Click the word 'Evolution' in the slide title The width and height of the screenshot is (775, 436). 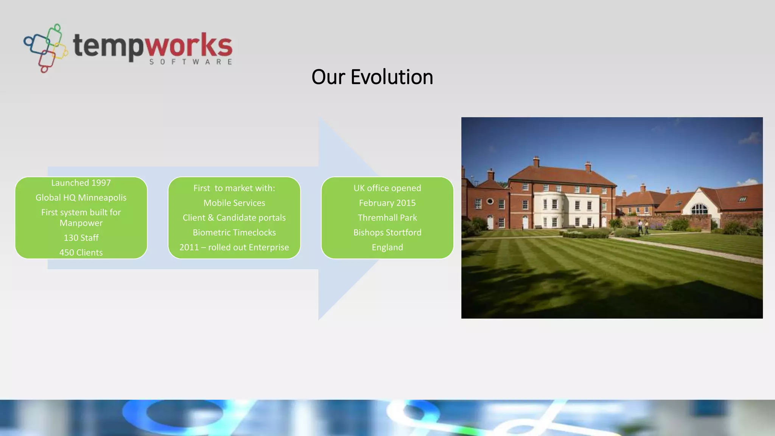(392, 77)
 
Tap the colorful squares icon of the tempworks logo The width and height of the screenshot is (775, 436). (46, 48)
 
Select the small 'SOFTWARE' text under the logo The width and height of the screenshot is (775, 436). (190, 62)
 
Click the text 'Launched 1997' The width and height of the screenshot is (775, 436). (81, 183)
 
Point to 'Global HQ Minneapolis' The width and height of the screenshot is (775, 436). (81, 198)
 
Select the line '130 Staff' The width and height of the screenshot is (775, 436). (81, 238)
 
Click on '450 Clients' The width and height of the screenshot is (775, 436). (81, 252)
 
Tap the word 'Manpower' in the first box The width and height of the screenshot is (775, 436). (81, 223)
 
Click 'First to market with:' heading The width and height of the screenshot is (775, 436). (234, 188)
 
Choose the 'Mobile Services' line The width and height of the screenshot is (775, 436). (234, 203)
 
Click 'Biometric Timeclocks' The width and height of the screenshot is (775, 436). (234, 232)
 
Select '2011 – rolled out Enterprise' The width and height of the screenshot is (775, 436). (234, 247)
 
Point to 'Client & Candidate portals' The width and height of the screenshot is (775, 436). (234, 218)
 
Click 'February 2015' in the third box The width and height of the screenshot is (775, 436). (387, 203)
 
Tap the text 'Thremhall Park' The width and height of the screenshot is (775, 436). (387, 218)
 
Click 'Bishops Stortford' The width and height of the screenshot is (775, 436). (387, 232)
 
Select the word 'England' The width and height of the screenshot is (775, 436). (387, 247)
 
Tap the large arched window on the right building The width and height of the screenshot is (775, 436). (699, 209)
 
